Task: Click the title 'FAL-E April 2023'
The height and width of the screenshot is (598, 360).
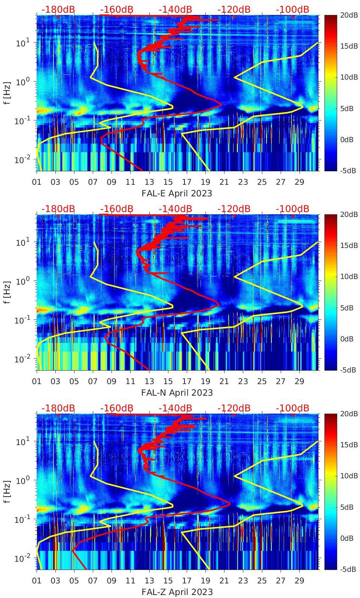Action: point(177,193)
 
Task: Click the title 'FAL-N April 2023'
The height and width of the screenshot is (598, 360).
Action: point(177,393)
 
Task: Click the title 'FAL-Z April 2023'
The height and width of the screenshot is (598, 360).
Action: point(177,592)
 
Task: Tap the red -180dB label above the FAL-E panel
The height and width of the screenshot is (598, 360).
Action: point(58,9)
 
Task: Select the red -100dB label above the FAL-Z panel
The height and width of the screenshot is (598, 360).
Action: point(292,408)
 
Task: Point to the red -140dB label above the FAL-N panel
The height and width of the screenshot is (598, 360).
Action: point(175,209)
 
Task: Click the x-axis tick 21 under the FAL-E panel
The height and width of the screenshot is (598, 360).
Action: point(224,182)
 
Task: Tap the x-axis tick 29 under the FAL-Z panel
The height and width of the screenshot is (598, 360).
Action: point(299,581)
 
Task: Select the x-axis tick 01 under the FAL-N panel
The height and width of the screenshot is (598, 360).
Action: point(37,381)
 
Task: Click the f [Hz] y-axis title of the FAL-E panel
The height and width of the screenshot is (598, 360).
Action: point(7,93)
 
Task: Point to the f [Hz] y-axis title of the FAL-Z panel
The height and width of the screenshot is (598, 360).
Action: point(7,492)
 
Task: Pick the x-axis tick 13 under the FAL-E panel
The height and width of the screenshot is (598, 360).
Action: point(149,182)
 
